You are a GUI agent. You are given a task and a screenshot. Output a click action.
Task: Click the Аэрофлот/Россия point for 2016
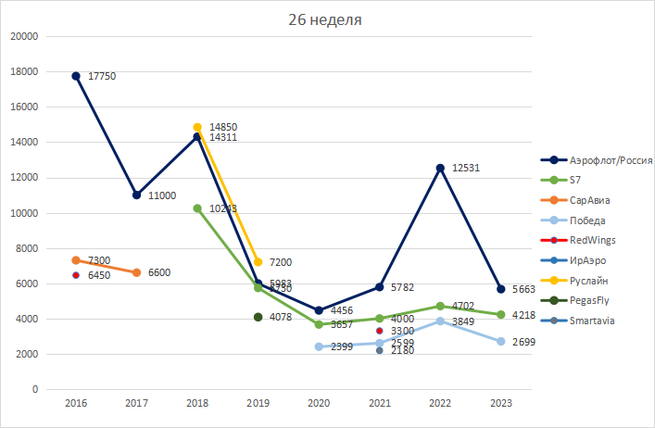coord(76,76)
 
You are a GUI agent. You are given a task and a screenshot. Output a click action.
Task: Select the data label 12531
coord(467,168)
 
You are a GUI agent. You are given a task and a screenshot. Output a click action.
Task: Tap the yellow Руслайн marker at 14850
coord(197,127)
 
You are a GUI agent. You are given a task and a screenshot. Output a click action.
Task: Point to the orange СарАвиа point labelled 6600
coord(136,272)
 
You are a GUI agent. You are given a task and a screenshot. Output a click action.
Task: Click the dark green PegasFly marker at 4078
coord(258,317)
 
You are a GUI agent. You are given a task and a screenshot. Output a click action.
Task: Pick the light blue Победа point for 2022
coord(440,321)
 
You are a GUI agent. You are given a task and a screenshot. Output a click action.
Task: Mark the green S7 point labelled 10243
coord(197,208)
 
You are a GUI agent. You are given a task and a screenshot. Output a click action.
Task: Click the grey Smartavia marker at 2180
coord(380,350)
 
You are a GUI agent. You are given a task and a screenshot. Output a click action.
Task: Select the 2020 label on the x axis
coord(319,404)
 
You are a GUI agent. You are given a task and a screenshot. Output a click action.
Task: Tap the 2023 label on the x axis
coord(501,404)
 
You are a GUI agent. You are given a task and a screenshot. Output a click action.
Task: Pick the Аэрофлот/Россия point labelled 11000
coord(136,195)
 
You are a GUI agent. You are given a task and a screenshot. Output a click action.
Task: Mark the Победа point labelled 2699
coord(501,342)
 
